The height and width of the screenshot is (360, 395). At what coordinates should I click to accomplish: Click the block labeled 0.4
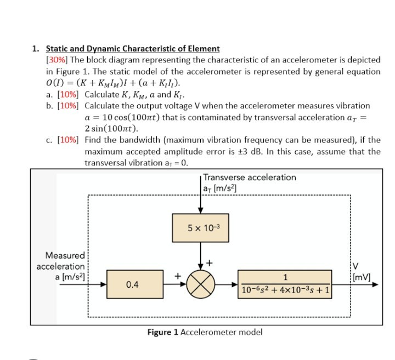point(132,285)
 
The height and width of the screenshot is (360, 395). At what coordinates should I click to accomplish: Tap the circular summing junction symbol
point(200,285)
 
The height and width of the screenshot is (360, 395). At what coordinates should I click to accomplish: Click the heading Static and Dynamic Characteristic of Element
point(133,49)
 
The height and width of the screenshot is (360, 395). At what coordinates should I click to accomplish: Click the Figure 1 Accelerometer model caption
point(205,332)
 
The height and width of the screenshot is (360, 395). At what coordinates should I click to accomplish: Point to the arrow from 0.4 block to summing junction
point(172,285)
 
